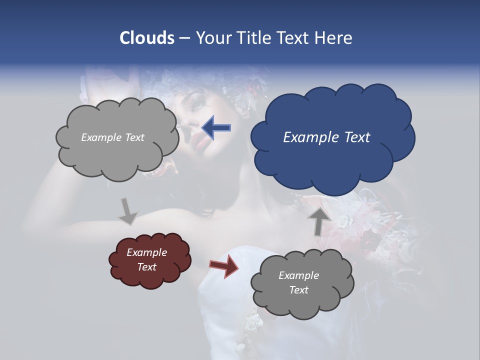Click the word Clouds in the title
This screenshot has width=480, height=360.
pyautogui.click(x=147, y=38)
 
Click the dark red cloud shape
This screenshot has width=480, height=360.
pyautogui.click(x=150, y=259)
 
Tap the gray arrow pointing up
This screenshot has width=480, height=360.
pyautogui.click(x=318, y=220)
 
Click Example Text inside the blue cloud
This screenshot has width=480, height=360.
pyautogui.click(x=326, y=137)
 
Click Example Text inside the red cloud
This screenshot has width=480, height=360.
pyautogui.click(x=146, y=259)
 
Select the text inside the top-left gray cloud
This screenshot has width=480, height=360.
pyautogui.click(x=112, y=137)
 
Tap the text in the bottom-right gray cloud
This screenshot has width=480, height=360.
pyautogui.click(x=298, y=282)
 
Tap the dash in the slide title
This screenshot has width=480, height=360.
pyautogui.click(x=184, y=38)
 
